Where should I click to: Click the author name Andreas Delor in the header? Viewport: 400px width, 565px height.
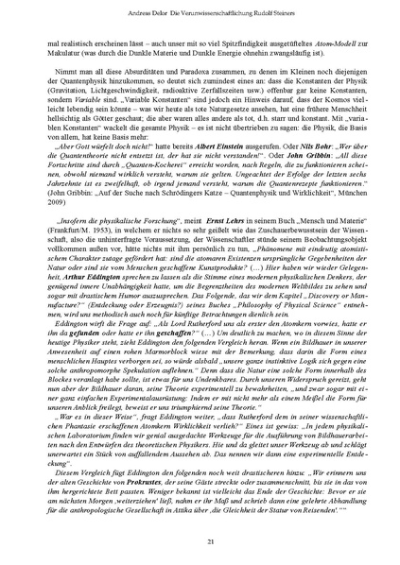tap(91, 13)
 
